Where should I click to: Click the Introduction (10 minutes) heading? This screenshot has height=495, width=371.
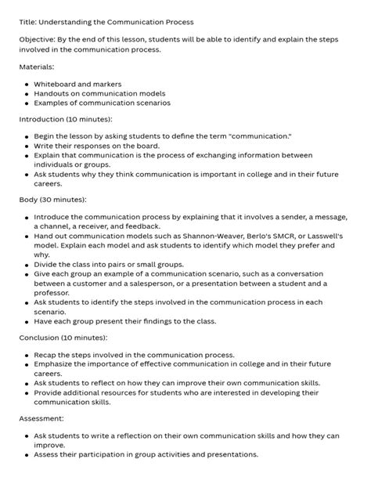[x=64, y=120]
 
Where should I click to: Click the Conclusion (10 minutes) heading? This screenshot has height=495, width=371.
[x=63, y=338]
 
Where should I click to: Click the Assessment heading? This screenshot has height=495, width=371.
[x=46, y=419]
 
